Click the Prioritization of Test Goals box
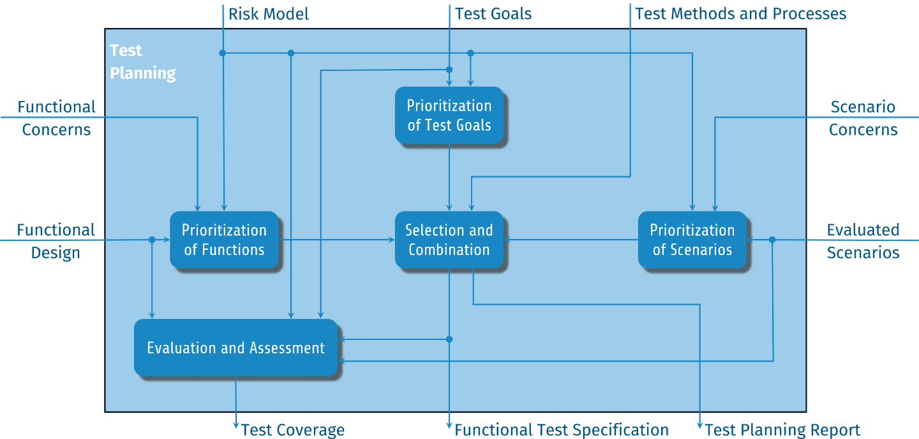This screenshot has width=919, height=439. coord(449,116)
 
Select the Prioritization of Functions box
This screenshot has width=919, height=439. coord(224,240)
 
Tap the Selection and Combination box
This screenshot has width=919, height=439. coord(449,240)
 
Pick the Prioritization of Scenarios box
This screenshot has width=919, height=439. coord(692,240)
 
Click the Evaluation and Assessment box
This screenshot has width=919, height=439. coord(236,348)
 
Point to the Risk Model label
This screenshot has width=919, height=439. coord(268,14)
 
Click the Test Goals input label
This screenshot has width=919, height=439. coord(493,13)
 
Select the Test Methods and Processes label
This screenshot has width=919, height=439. coord(740,13)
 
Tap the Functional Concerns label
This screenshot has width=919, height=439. coord(56,118)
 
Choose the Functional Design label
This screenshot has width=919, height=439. coord(56,241)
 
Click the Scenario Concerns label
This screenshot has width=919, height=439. coord(863,118)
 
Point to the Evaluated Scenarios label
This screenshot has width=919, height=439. coord(863,241)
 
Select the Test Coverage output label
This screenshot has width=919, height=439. coord(292,430)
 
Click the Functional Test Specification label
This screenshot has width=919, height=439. coord(562,430)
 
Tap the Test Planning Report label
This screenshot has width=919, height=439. coord(782,430)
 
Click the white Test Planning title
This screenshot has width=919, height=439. coord(142,61)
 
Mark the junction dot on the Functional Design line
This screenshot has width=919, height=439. coord(152,240)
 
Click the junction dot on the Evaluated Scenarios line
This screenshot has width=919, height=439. coord(772,240)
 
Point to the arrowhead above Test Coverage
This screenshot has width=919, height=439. coord(236,425)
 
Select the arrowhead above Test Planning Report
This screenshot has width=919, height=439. coord(700,425)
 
